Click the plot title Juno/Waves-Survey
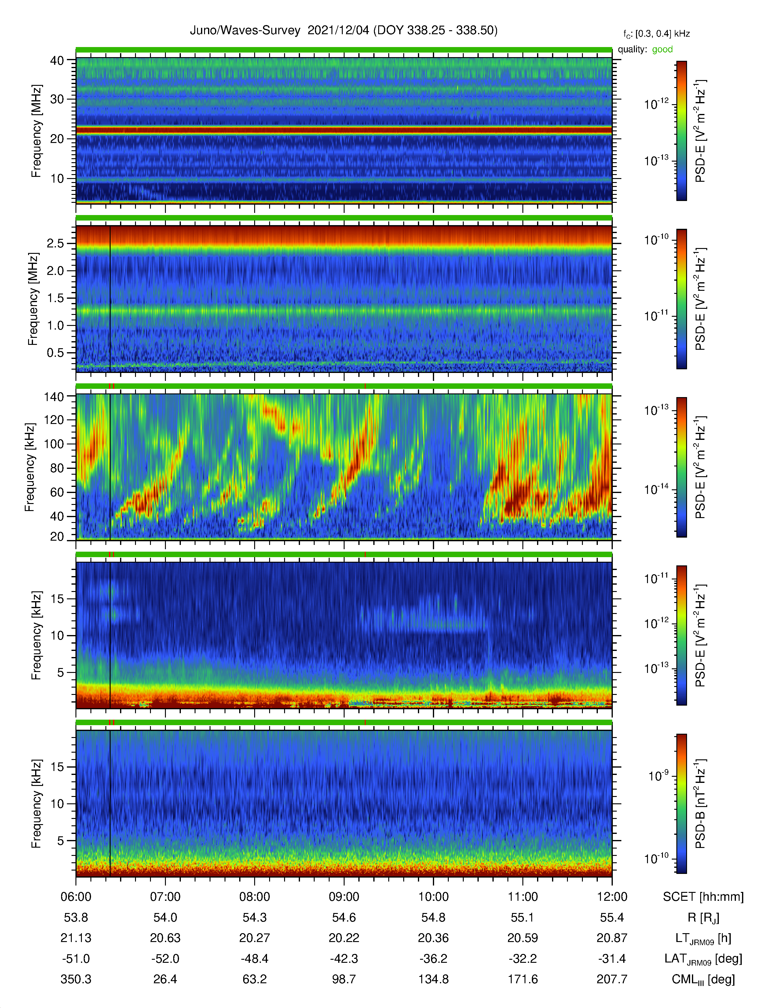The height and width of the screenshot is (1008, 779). [x=245, y=31]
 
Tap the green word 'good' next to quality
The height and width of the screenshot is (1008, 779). [x=662, y=49]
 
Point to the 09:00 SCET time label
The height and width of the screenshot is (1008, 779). [x=344, y=897]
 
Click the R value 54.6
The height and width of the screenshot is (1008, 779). [x=344, y=918]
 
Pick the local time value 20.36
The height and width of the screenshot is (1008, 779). [x=433, y=938]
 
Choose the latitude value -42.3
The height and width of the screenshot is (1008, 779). [x=344, y=959]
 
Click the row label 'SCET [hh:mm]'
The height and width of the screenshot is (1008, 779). [x=703, y=897]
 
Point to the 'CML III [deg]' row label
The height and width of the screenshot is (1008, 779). [x=703, y=979]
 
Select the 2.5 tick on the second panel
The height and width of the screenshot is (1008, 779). [x=55, y=243]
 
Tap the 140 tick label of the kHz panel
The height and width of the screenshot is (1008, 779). [x=53, y=396]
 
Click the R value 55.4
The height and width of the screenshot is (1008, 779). [x=612, y=918]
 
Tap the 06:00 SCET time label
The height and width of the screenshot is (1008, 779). [x=76, y=897]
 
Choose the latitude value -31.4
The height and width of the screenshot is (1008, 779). [x=612, y=959]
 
